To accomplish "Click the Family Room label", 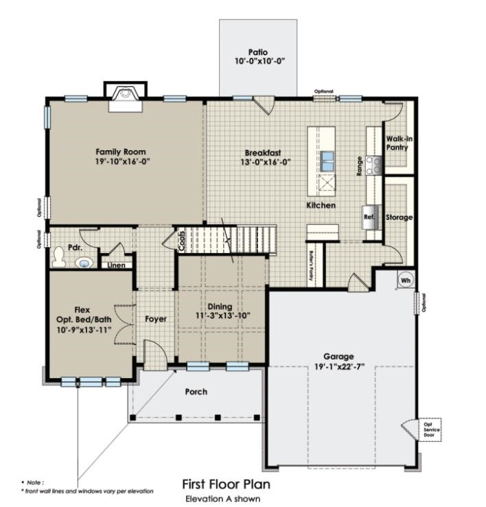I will click(120, 152).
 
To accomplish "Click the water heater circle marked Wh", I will click(405, 279).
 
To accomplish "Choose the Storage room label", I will click(399, 217).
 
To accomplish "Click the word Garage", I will click(339, 357).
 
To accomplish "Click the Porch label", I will click(196, 392).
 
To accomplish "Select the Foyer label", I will click(156, 319).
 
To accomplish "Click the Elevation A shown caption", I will click(222, 499).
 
